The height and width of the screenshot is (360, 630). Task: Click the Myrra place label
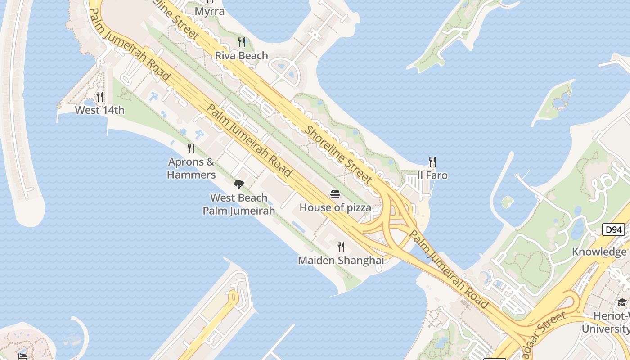point(210,11)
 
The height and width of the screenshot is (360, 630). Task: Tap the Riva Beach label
point(242,56)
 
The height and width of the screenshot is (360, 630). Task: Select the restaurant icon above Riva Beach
point(242,42)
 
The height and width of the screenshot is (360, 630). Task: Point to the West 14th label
point(99,110)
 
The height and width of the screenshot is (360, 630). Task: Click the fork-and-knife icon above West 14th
point(99,96)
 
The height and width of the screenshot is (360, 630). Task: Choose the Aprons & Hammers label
point(191,168)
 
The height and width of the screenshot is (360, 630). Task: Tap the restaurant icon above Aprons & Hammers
point(191,148)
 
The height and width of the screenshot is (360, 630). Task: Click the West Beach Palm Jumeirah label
point(239,204)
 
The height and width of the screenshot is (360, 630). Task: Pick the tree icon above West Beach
point(239,184)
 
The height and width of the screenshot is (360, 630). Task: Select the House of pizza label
point(335,207)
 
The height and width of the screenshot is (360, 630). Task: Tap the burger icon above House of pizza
point(335,194)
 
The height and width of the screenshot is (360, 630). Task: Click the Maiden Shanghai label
point(341,260)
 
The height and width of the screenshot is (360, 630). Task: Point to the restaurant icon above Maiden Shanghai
point(341,247)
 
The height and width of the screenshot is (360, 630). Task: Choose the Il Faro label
point(432,175)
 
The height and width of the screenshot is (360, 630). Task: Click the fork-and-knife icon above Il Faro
point(432,162)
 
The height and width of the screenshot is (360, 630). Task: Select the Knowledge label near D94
point(599,252)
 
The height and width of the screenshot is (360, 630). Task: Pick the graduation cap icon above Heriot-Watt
point(622,302)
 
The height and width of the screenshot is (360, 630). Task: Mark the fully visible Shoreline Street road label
point(339,154)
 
